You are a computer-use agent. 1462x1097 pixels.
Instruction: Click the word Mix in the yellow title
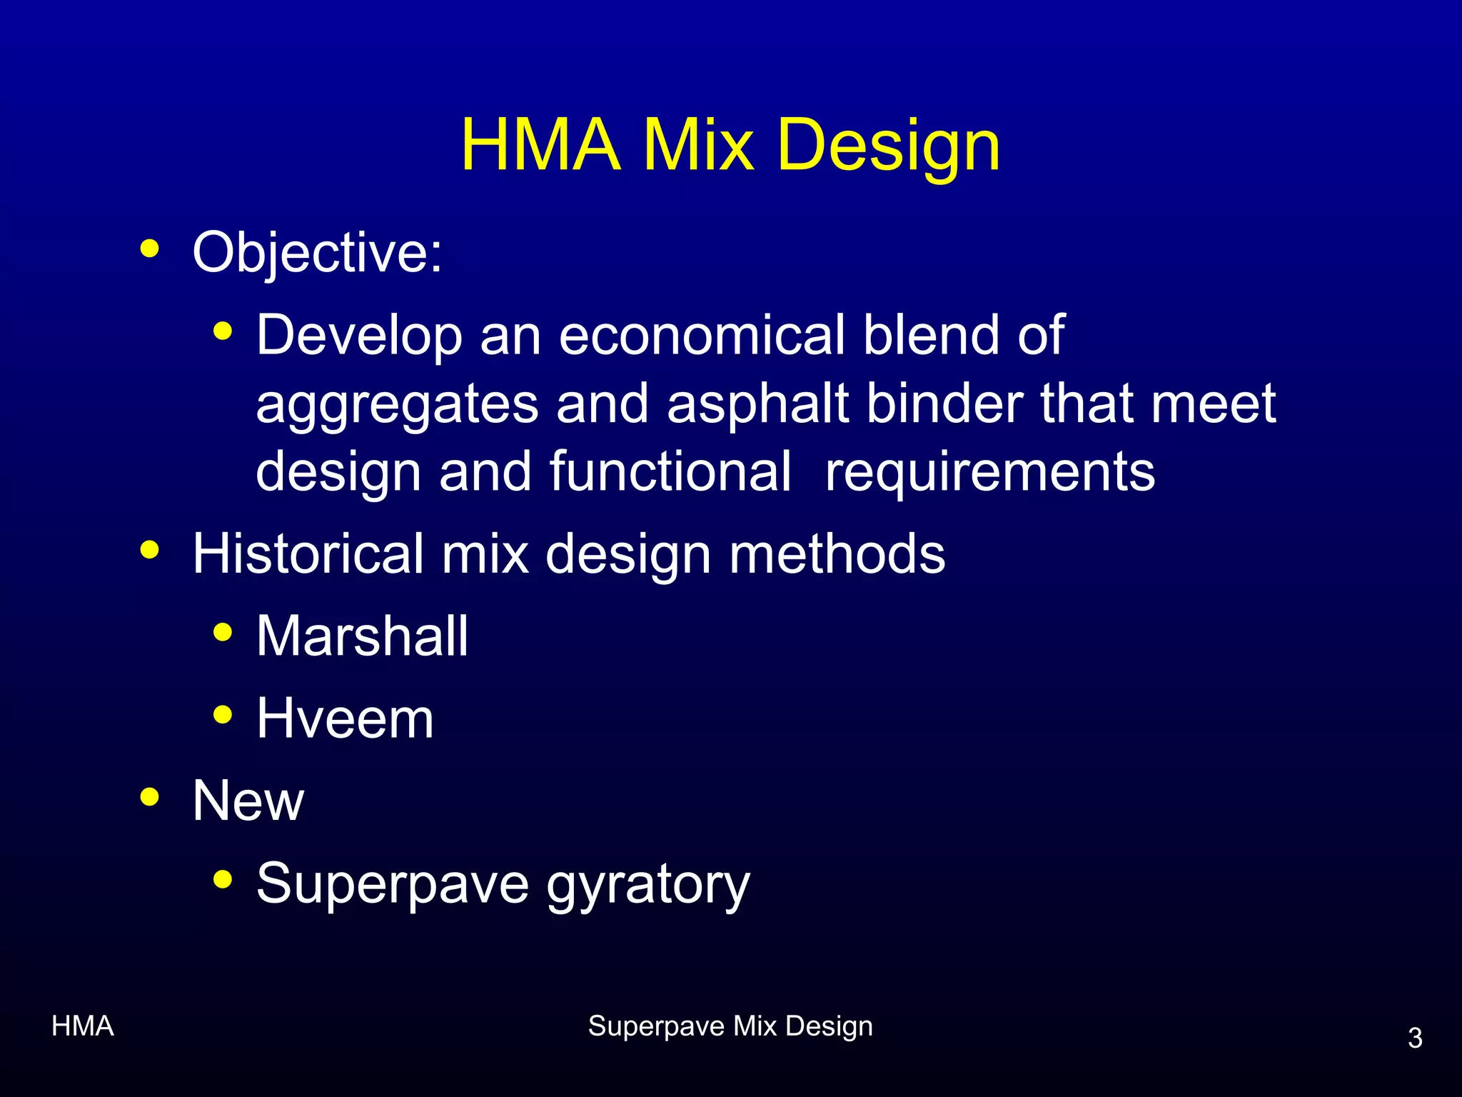point(698,146)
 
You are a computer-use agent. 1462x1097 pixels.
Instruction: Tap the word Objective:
point(317,253)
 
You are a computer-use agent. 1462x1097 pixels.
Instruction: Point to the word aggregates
point(397,404)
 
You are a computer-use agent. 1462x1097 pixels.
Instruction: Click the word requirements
point(989,471)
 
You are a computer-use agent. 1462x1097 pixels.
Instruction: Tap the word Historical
point(308,553)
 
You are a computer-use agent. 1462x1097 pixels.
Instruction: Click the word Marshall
point(362,636)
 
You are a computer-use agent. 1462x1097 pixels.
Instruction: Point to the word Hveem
point(345,718)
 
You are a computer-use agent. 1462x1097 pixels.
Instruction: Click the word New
point(248,801)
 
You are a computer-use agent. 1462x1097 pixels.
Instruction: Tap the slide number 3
point(1415,1038)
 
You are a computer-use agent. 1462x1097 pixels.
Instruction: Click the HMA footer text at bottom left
point(83,1026)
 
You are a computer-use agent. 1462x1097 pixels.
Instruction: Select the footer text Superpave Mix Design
point(730,1026)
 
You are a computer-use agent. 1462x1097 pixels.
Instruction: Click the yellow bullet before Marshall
point(223,633)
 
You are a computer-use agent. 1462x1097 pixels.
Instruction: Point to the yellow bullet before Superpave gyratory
point(223,879)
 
